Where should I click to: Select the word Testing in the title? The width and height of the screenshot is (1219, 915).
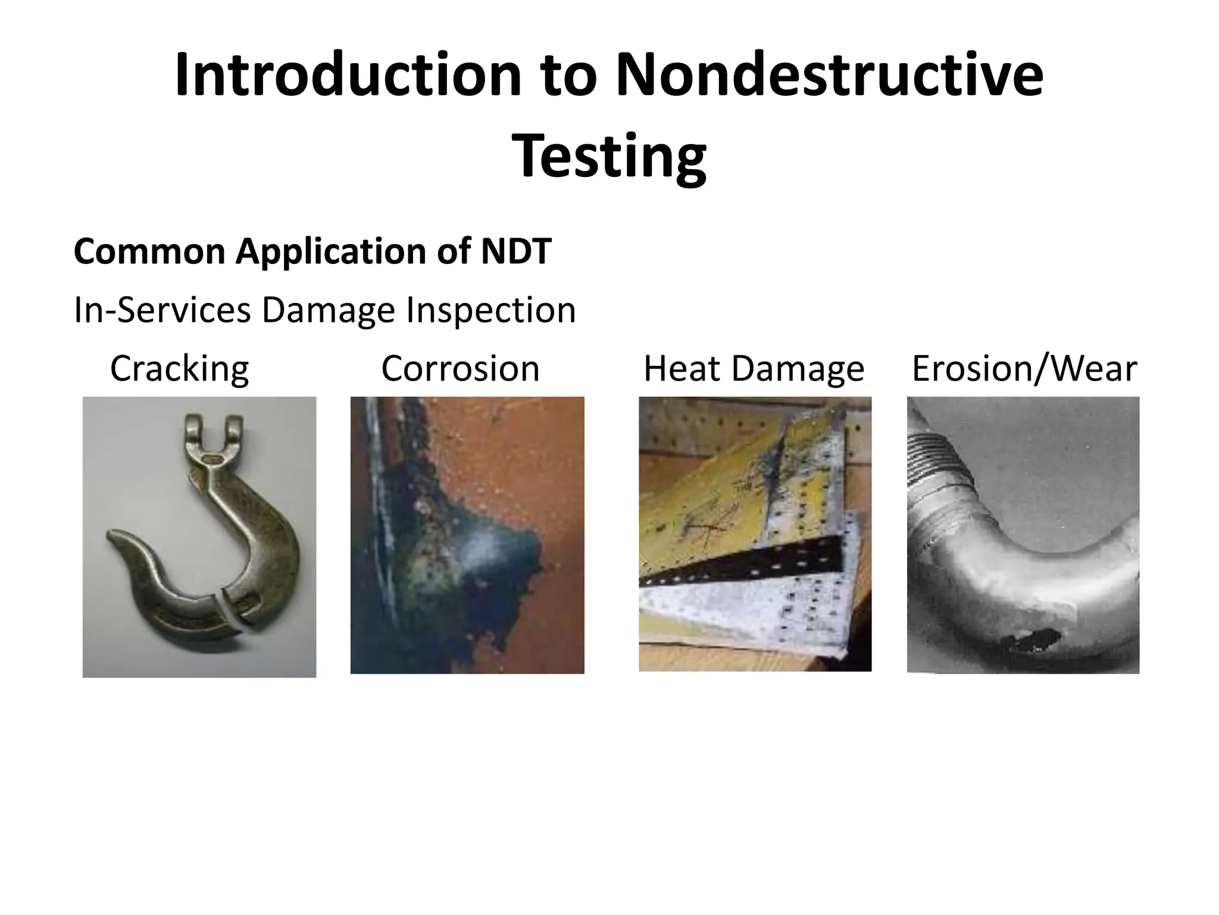[x=609, y=156]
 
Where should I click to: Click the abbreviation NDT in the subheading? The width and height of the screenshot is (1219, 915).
[x=516, y=251]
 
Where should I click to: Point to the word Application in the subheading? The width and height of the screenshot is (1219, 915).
[x=331, y=251]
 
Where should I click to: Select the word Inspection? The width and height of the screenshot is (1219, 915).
[x=490, y=310]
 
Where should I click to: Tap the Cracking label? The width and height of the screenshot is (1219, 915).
[x=179, y=369]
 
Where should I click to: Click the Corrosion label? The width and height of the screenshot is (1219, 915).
[x=460, y=369]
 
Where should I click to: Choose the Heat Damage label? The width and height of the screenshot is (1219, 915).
[x=754, y=369]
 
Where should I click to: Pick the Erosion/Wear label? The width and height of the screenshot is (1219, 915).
[x=1024, y=369]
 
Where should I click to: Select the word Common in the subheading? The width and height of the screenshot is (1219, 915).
[x=149, y=251]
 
